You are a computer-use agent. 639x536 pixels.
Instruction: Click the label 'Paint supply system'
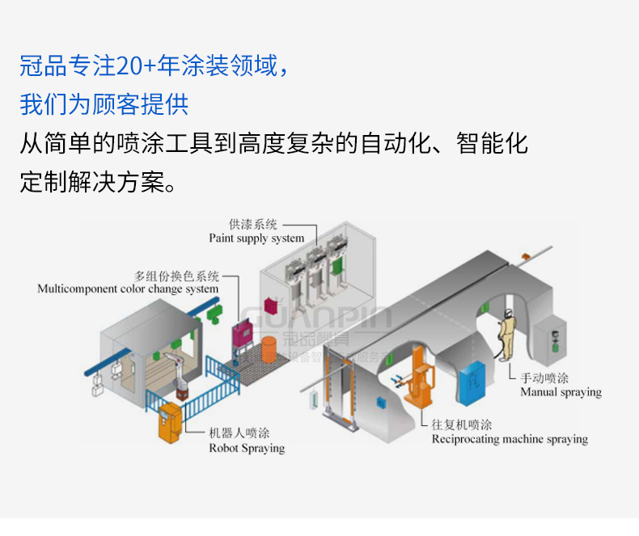256,238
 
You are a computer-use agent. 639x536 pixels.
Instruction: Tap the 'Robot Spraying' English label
247,448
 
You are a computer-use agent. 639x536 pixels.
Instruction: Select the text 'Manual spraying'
561,392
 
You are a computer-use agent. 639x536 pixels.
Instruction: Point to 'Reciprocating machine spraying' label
510,440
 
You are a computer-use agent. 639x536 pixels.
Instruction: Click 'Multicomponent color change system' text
128,289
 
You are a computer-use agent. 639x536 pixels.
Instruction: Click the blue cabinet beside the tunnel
472,377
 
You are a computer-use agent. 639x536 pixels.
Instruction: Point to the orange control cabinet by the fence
169,422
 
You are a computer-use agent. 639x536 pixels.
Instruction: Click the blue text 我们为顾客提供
104,104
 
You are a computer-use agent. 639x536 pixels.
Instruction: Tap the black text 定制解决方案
97,181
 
